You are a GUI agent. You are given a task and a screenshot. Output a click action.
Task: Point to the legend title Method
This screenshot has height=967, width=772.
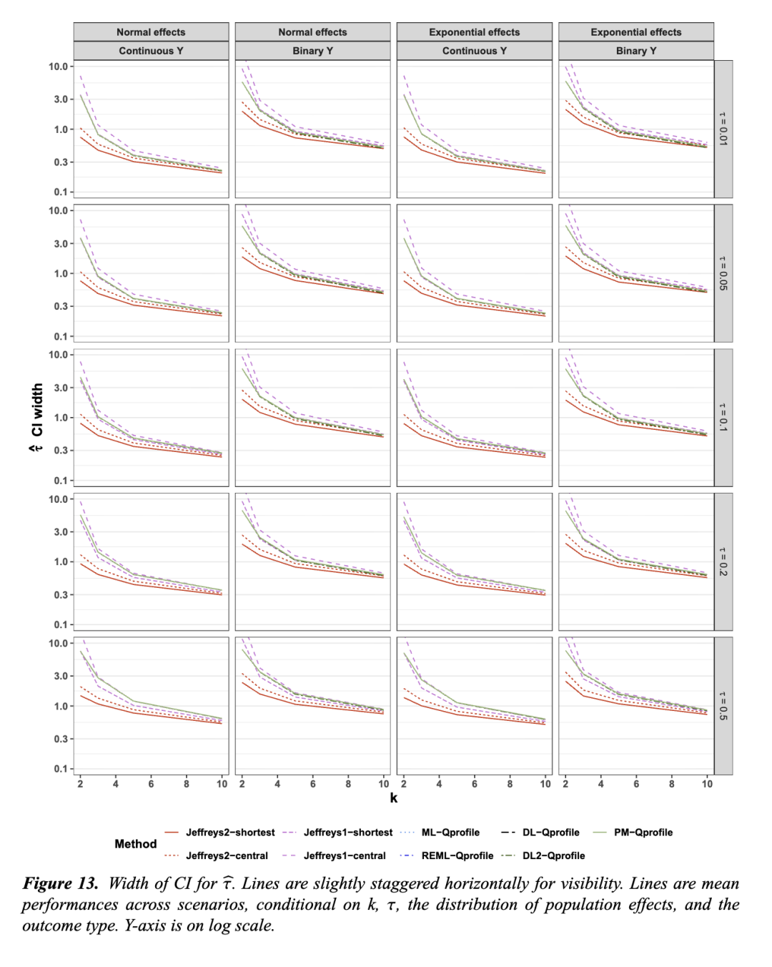click(x=136, y=844)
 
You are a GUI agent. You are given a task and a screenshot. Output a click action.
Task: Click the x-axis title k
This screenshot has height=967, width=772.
click(x=394, y=798)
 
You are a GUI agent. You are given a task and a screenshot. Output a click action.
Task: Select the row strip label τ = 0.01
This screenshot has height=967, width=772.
click(x=723, y=129)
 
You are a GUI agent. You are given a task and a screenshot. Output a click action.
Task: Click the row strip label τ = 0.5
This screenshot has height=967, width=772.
click(x=723, y=706)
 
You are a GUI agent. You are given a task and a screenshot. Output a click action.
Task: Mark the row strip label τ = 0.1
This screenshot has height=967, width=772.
click(x=723, y=417)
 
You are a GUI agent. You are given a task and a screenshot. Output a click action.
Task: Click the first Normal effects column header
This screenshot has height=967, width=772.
click(x=151, y=32)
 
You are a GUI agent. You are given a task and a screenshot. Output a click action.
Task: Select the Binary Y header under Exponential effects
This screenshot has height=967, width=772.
click(x=636, y=51)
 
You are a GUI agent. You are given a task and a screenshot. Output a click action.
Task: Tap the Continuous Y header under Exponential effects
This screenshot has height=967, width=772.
click(x=475, y=51)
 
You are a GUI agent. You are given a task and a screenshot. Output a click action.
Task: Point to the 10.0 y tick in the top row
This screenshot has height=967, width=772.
click(x=58, y=67)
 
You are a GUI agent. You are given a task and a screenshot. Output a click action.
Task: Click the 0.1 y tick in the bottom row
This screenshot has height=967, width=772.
click(x=60, y=769)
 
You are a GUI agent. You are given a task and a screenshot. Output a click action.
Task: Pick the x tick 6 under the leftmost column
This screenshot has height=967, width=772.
click(x=152, y=784)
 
